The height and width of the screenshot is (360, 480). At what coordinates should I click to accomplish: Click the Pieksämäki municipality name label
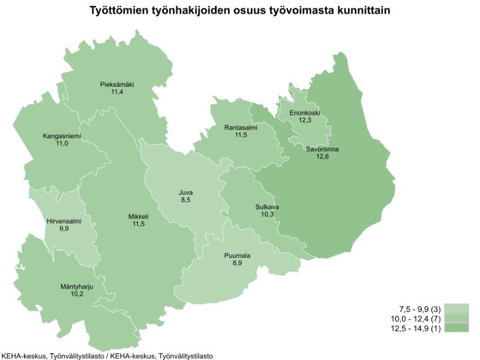pos(117,85)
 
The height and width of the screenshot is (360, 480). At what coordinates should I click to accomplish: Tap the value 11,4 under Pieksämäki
pos(117,92)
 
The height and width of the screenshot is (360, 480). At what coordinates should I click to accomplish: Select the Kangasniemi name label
pos(62,136)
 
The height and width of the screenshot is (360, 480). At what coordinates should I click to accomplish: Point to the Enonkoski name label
pos(305,113)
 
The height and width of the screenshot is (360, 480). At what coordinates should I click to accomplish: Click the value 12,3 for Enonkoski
pos(305,121)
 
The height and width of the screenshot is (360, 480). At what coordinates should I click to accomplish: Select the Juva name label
pos(186,193)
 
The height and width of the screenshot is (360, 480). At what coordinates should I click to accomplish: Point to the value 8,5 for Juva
pos(186,200)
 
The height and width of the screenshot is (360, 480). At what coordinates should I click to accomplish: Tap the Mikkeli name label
pos(138,216)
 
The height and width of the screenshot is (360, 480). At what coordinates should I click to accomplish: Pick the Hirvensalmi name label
pos(64,221)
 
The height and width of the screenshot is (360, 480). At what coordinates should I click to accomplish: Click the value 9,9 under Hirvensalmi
pos(64,229)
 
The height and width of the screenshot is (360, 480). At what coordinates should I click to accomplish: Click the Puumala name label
pos(237,256)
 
